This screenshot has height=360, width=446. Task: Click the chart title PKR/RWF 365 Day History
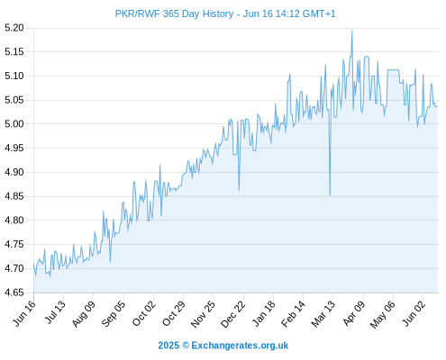174,13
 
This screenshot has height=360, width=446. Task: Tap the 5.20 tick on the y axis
14,28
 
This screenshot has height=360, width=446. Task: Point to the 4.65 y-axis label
14,292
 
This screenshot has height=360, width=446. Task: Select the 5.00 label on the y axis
14,124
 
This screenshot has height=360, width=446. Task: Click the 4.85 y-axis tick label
14,196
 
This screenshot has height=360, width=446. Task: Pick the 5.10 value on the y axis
14,76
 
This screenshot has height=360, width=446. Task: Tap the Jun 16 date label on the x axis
24,313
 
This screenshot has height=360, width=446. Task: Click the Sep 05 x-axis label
113,313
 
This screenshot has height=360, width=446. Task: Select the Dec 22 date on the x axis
232,313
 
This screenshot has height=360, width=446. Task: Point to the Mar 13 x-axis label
323,313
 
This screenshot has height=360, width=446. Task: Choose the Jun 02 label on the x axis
414,313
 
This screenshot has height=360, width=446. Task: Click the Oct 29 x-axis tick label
174,313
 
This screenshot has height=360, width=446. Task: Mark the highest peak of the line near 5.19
352,31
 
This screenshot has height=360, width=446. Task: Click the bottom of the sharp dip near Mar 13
330,195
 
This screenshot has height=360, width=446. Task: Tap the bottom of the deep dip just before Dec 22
239,190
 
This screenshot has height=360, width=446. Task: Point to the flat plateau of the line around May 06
394,70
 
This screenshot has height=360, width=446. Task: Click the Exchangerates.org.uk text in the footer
240,346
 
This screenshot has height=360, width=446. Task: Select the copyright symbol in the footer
186,346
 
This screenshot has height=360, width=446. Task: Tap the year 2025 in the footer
168,346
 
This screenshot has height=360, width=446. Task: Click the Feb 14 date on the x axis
293,313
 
